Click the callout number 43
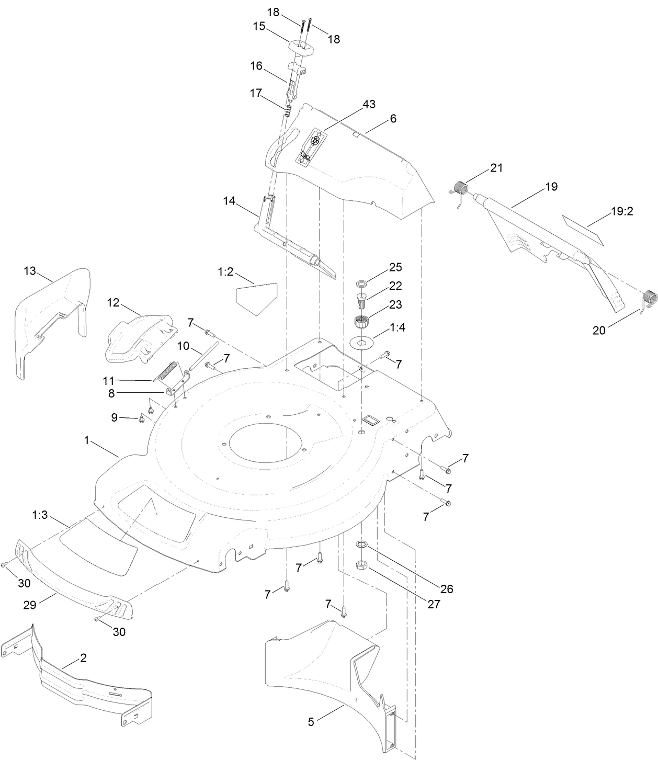[x=369, y=104]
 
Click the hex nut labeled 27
[x=361, y=565]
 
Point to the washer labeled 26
[x=361, y=545]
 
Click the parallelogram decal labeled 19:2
[x=583, y=228]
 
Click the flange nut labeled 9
[x=142, y=418]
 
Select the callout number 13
[x=30, y=271]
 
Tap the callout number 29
[x=29, y=605]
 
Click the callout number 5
[x=311, y=722]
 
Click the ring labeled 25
[x=360, y=284]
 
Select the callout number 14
[x=229, y=200]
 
